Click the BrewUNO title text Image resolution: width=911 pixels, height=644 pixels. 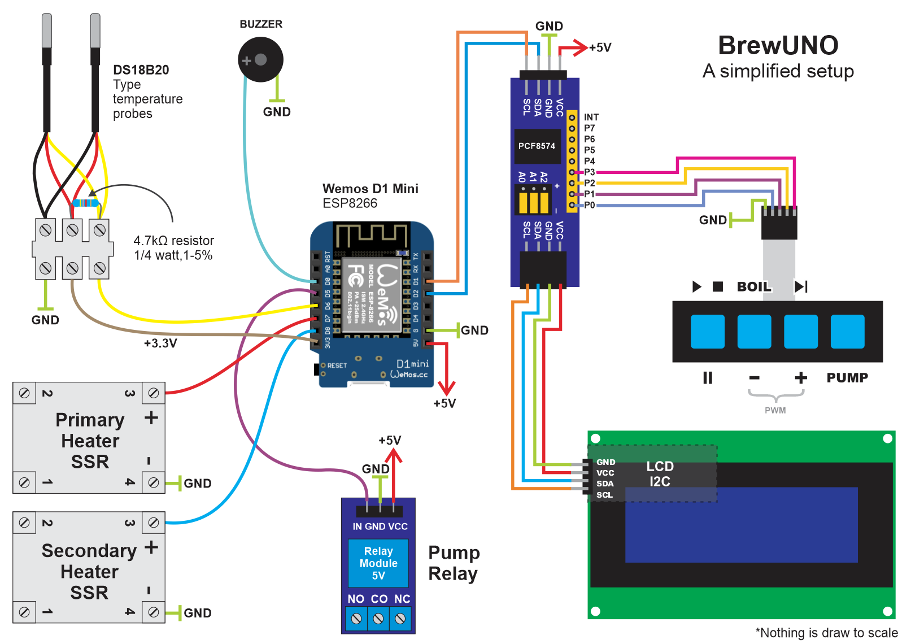tap(778, 46)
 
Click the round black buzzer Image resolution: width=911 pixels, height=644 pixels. tap(260, 59)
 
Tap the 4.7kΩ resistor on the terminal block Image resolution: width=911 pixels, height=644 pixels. tap(86, 203)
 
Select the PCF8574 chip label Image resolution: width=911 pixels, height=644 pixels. tap(537, 146)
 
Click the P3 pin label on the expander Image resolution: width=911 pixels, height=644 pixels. tap(589, 172)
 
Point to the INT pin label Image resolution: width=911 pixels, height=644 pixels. tap(591, 117)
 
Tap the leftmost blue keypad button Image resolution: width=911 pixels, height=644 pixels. tap(708, 332)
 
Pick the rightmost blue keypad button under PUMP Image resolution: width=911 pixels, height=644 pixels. tap(847, 332)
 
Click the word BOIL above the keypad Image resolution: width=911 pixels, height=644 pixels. tap(753, 286)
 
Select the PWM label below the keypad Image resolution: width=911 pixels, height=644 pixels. tap(775, 410)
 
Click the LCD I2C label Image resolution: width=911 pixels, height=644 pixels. tap(660, 474)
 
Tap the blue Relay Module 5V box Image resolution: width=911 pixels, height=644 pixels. tap(378, 563)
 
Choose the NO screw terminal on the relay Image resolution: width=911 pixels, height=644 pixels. tap(356, 619)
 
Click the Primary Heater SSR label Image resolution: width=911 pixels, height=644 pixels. tap(90, 441)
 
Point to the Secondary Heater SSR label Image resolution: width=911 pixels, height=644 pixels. tap(89, 571)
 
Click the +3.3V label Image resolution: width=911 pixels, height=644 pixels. tap(160, 343)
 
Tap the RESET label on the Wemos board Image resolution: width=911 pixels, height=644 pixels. tap(337, 365)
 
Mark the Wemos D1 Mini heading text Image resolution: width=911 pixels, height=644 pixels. tap(370, 189)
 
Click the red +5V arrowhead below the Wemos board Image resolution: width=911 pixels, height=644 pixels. tap(446, 388)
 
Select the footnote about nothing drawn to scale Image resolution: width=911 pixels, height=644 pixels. tap(826, 633)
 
